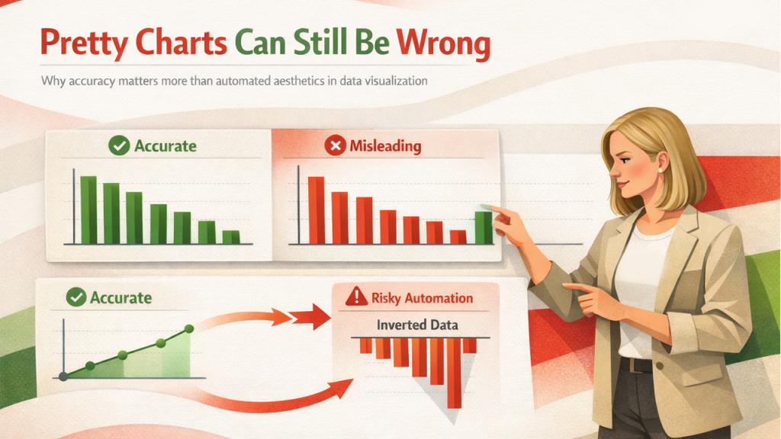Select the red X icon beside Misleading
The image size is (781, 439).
coord(334,146)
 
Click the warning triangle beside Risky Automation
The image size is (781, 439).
coord(355,297)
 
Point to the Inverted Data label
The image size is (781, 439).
coord(417,325)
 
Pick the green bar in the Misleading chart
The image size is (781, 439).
coord(484,227)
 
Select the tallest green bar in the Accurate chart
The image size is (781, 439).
coord(88,210)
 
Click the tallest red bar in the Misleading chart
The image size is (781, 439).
coord(316,210)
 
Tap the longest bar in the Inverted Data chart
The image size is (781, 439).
coord(455,373)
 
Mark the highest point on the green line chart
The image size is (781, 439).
coord(189,328)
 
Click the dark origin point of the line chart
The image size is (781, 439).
coord(63,376)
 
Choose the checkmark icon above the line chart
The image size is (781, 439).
coord(76,297)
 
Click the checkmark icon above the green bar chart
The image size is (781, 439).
coord(119,145)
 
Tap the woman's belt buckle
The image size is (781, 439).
coord(626,365)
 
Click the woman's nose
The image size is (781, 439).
coord(614,172)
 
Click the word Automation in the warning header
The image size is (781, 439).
coord(442,297)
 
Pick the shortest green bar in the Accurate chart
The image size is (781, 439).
coord(230,237)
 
